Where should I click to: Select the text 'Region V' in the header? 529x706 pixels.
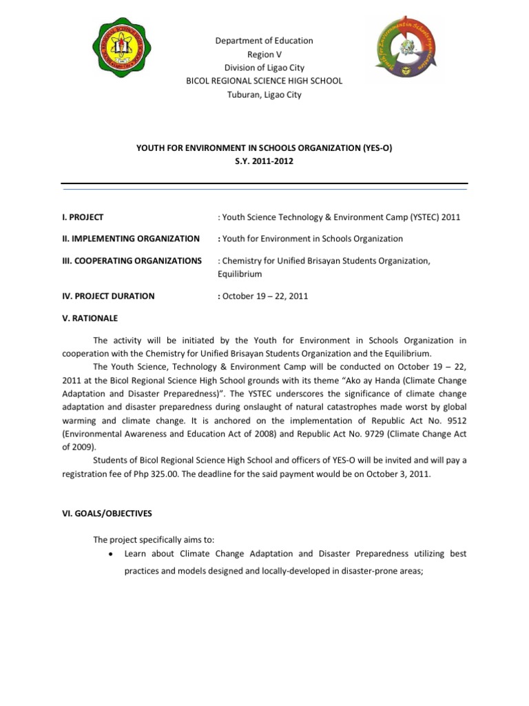pos(264,54)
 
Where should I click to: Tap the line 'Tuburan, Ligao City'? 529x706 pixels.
pos(264,94)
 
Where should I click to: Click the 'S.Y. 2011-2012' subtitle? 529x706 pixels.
pos(264,161)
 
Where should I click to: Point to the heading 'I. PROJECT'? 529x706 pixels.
pos(82,217)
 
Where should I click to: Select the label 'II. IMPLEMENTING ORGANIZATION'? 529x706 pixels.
pos(130,239)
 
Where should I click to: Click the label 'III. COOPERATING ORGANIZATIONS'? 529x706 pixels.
pos(132,261)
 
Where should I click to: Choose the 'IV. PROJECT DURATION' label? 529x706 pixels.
pos(108,296)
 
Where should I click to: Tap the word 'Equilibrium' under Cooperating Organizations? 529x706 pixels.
pos(240,274)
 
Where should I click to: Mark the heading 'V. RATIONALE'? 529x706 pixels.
pos(90,319)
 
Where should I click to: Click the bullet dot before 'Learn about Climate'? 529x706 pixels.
pos(111,554)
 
